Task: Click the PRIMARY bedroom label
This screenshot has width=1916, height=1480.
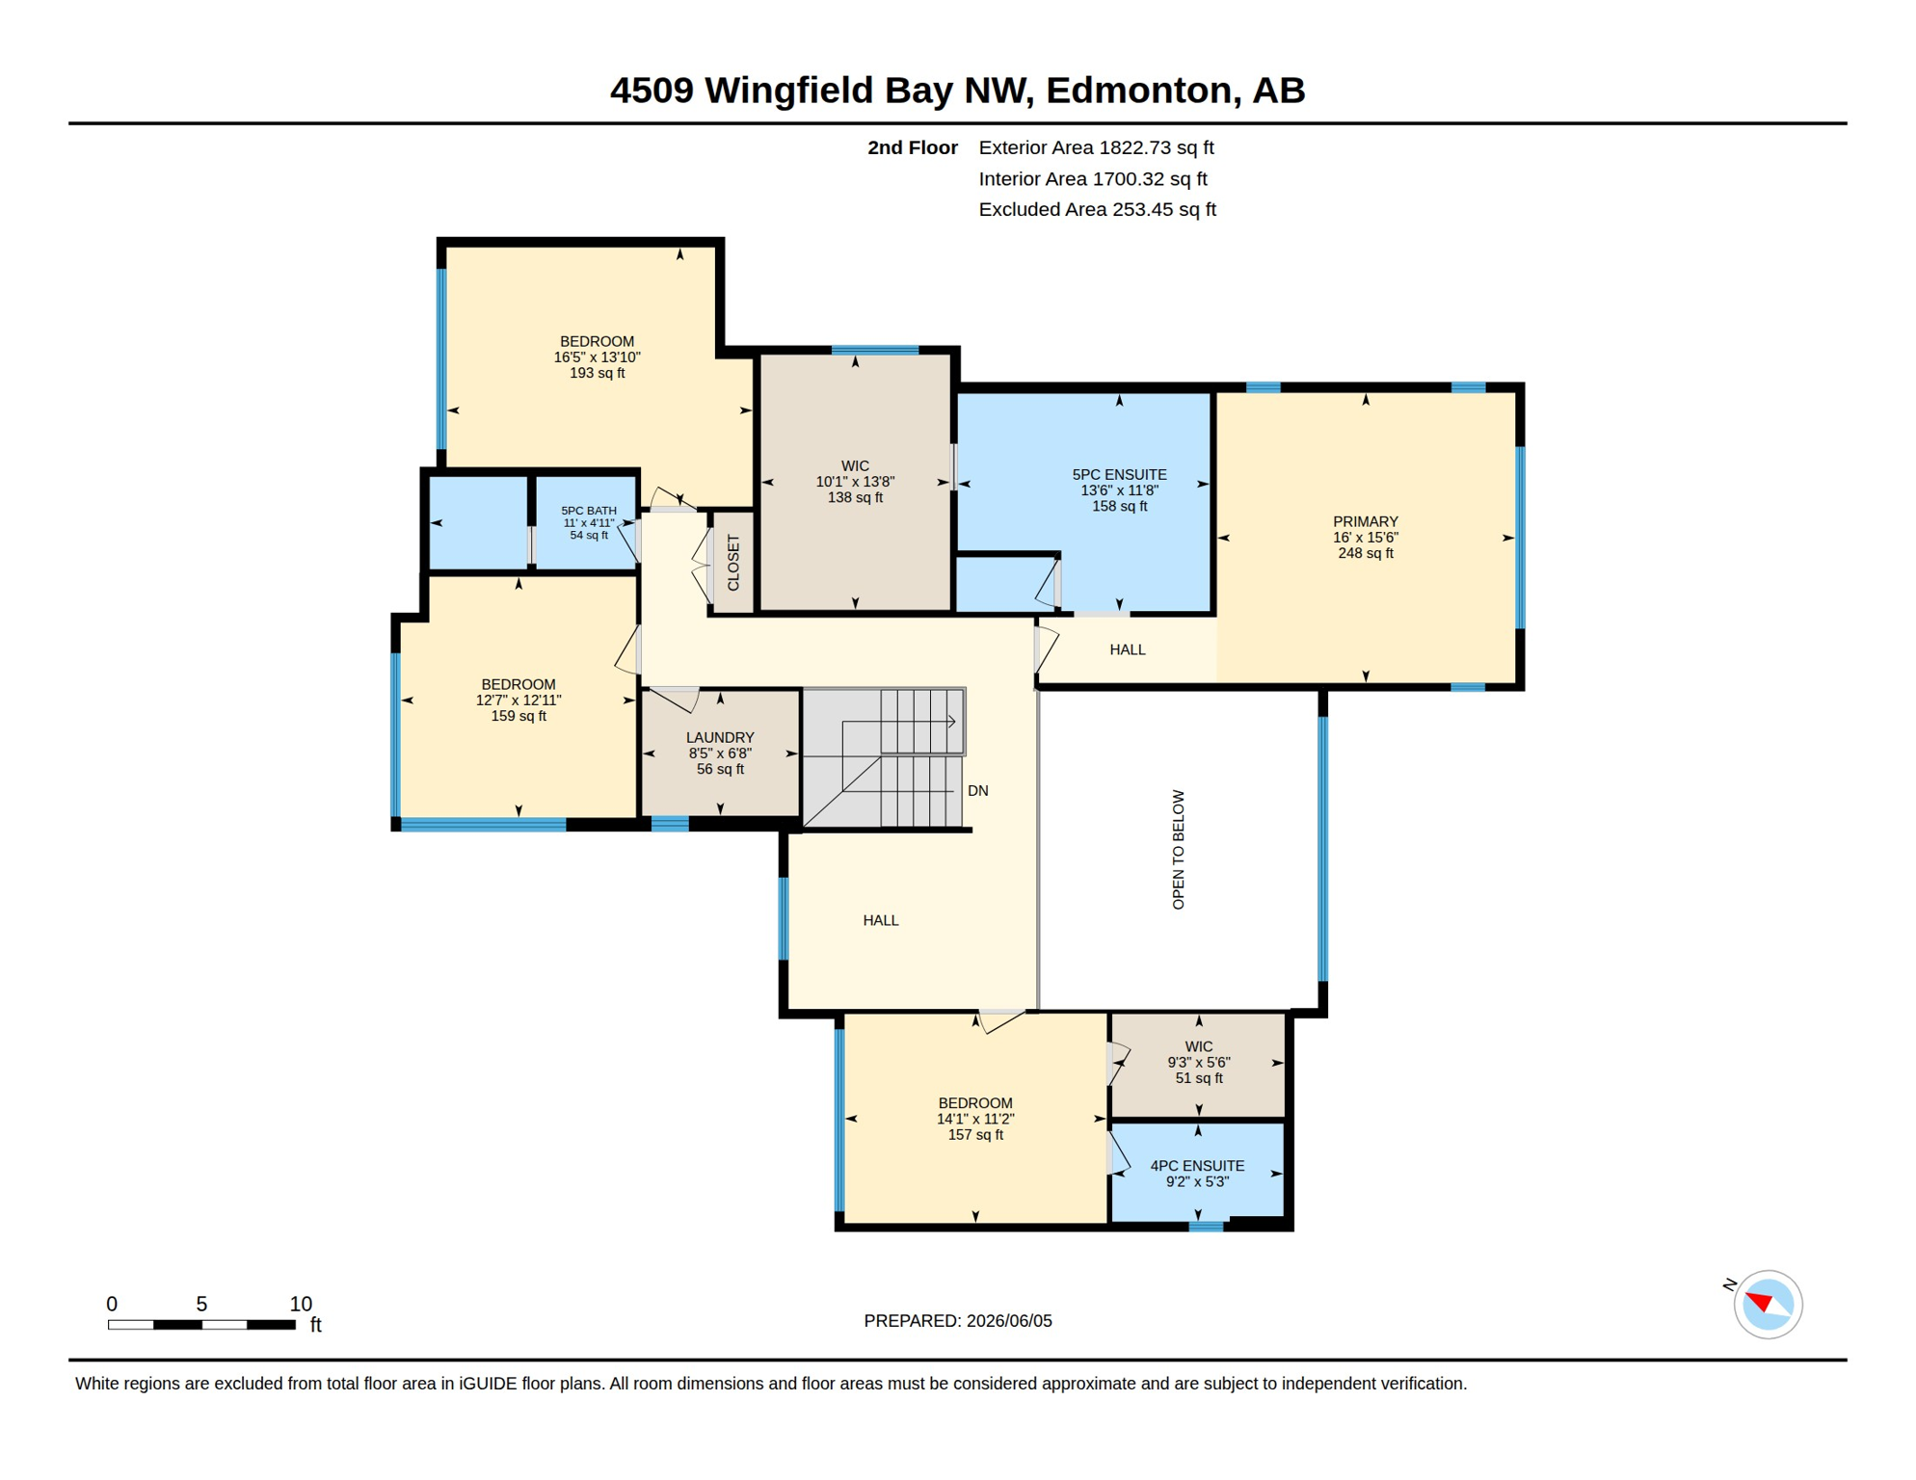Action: (x=1365, y=521)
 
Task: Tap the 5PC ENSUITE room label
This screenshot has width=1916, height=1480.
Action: (x=1119, y=474)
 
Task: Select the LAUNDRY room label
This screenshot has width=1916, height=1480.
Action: (x=720, y=737)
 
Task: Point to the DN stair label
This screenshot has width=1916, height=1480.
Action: (x=977, y=790)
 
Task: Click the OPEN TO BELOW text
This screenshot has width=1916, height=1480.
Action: (x=1178, y=849)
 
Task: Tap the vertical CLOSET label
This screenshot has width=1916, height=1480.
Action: (x=733, y=563)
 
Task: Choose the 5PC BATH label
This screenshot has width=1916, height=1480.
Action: (x=589, y=511)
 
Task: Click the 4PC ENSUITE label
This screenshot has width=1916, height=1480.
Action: (x=1197, y=1166)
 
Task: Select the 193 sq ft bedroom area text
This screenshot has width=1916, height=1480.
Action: (x=597, y=373)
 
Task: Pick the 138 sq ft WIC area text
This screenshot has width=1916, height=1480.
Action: (x=855, y=497)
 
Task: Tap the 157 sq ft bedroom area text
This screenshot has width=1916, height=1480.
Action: (x=975, y=1135)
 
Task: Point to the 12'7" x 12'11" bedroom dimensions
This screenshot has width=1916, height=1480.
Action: (x=519, y=700)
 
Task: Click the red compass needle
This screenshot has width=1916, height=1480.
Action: (x=1761, y=1302)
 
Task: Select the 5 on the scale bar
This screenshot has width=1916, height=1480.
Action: (x=201, y=1304)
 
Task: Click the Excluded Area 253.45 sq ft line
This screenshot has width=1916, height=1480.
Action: (x=1097, y=209)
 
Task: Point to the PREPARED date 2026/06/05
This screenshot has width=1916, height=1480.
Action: (x=1009, y=1321)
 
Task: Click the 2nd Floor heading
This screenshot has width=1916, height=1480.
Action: (x=912, y=147)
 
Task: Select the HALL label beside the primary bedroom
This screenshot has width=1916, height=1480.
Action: (x=1127, y=649)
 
